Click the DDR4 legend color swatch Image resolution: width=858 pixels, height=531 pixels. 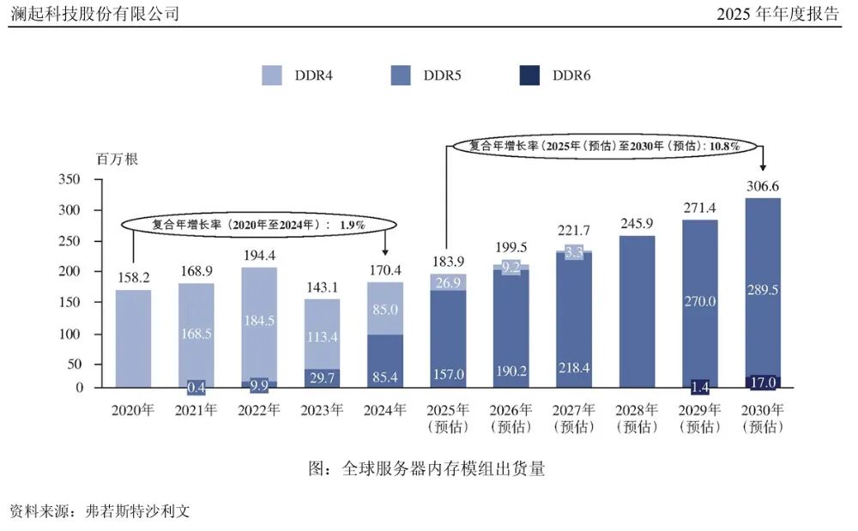tap(272, 75)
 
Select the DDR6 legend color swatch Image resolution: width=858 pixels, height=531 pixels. tap(530, 75)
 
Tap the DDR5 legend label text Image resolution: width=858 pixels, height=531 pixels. tap(442, 75)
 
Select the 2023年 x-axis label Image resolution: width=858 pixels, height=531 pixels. tap(322, 411)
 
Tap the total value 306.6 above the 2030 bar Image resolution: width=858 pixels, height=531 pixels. tap(763, 186)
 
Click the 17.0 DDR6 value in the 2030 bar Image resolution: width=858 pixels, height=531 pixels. tap(763, 382)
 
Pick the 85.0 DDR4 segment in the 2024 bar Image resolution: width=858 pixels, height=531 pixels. tap(385, 307)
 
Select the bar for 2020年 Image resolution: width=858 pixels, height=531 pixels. tap(133, 339)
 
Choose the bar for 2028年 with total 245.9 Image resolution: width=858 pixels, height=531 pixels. tap(637, 313)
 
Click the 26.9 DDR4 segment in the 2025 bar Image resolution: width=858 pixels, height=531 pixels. tap(448, 282)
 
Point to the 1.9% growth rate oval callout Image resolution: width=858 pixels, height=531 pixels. tap(258, 224)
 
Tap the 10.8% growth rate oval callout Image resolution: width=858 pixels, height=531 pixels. tap(603, 146)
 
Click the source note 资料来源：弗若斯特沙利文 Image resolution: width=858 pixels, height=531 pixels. tap(99, 511)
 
